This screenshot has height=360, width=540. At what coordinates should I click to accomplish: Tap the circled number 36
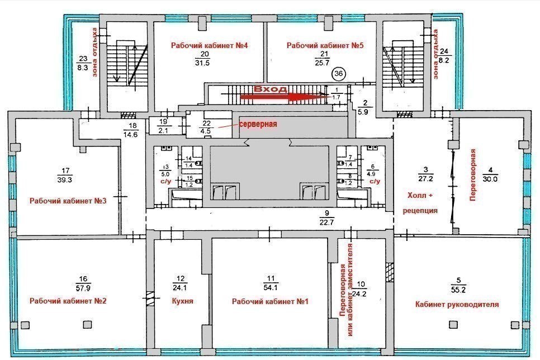(339, 73)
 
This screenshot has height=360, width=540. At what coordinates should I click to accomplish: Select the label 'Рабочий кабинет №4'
(210, 45)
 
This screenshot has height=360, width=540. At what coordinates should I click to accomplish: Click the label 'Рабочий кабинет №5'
(325, 45)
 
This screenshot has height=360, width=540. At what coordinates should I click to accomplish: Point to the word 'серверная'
(258, 124)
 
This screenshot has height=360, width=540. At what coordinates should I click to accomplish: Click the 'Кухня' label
(183, 301)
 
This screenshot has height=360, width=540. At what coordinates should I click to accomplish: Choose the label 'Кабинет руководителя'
(457, 304)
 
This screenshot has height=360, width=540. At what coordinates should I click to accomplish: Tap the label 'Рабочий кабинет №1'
(270, 301)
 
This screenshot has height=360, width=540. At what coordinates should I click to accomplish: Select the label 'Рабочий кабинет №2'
(68, 301)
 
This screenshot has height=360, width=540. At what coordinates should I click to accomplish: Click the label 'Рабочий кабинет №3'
(68, 201)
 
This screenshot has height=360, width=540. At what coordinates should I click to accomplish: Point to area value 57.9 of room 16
(83, 287)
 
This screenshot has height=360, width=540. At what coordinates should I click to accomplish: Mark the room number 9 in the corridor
(327, 213)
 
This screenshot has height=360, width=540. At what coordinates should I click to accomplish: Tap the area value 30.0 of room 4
(490, 179)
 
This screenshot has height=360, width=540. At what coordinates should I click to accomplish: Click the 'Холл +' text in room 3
(420, 195)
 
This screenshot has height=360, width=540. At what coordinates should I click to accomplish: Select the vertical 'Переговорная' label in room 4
(473, 174)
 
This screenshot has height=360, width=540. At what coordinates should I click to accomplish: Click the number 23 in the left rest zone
(83, 59)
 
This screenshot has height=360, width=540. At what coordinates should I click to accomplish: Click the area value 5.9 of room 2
(363, 112)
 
